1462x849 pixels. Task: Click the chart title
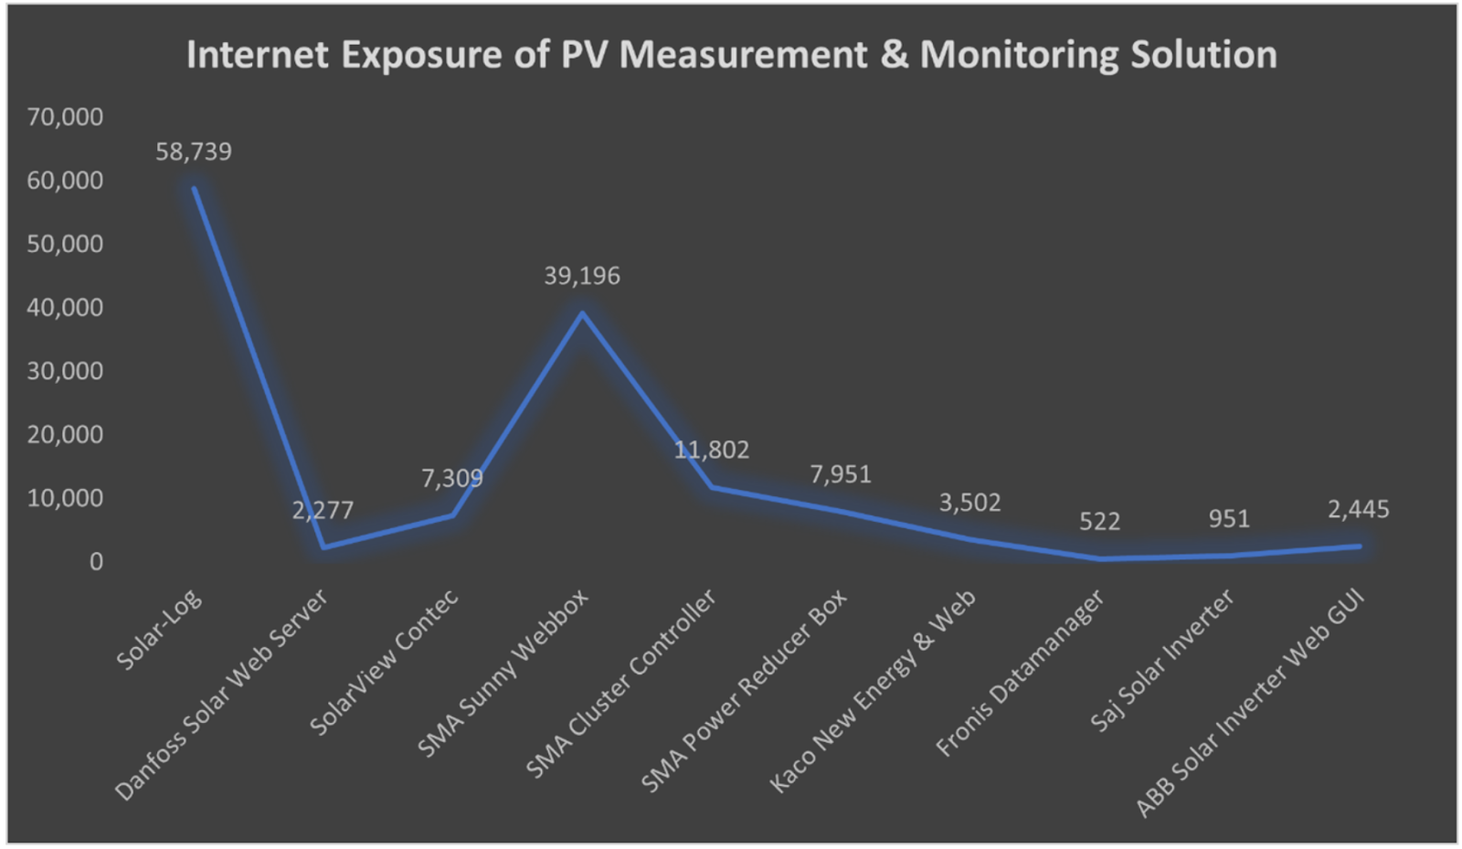(x=731, y=55)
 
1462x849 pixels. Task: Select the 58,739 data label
(x=194, y=152)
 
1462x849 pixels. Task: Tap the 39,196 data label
(x=582, y=276)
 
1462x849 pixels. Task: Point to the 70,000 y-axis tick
(x=65, y=117)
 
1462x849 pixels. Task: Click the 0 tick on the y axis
(x=96, y=562)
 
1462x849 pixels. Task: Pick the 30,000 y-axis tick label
(x=65, y=371)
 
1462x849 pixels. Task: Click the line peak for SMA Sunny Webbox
(x=582, y=313)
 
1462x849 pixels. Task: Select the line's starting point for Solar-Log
(x=194, y=188)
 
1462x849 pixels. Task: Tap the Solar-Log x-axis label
(x=160, y=631)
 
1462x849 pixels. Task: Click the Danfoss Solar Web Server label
(x=221, y=695)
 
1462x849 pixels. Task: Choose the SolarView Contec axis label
(x=384, y=663)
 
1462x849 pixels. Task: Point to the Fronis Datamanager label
(x=1020, y=674)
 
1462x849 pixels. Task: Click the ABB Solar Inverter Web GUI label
(x=1250, y=704)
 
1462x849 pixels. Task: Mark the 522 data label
(x=1099, y=522)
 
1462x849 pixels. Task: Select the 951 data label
(x=1229, y=519)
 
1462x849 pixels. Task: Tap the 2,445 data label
(x=1358, y=510)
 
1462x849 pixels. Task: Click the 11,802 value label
(x=711, y=450)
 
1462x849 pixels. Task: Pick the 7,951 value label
(x=841, y=474)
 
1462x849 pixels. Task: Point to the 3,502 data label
(x=969, y=503)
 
